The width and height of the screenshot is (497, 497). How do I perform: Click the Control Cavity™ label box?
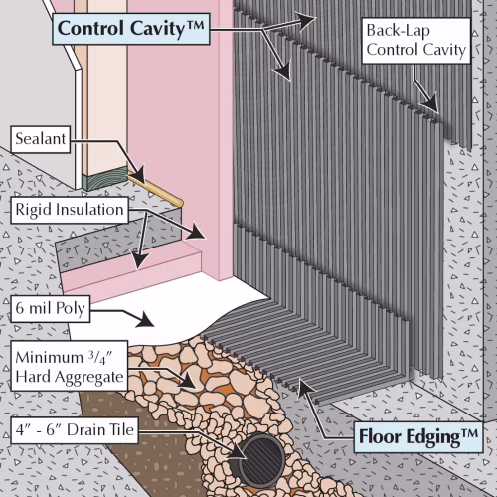pos(131,29)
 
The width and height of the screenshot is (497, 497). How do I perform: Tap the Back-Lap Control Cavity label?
pos(416,41)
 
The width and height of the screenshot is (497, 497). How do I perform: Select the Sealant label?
pos(41,139)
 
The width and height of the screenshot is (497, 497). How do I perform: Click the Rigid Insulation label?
pos(70,210)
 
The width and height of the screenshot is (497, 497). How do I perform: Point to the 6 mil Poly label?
pos(51,308)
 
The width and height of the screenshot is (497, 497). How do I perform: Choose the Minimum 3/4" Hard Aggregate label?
pos(70,366)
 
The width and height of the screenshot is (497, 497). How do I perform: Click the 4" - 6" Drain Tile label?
pos(75,430)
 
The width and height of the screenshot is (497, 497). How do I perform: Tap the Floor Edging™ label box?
pos(418,437)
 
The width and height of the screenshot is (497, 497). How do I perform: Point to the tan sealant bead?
pos(155,191)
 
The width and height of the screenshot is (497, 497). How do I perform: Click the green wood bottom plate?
pos(104,178)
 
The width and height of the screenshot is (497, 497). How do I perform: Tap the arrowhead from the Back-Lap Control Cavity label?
pos(430,103)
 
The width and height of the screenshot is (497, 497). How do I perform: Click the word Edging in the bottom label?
pos(433,437)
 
